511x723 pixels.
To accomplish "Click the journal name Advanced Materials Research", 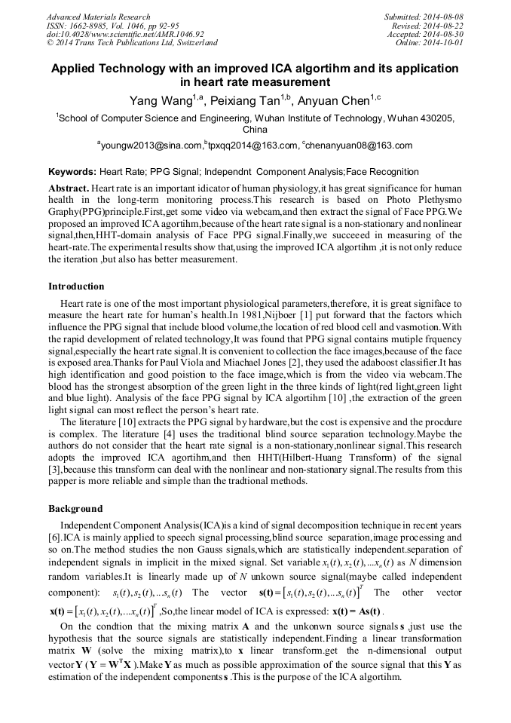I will (x=98, y=17).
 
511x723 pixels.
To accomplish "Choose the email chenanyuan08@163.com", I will (x=360, y=146).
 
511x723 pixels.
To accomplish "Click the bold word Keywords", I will (x=72, y=172).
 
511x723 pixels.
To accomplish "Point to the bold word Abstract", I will (x=69, y=187).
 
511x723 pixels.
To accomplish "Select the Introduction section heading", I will (x=76, y=286).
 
